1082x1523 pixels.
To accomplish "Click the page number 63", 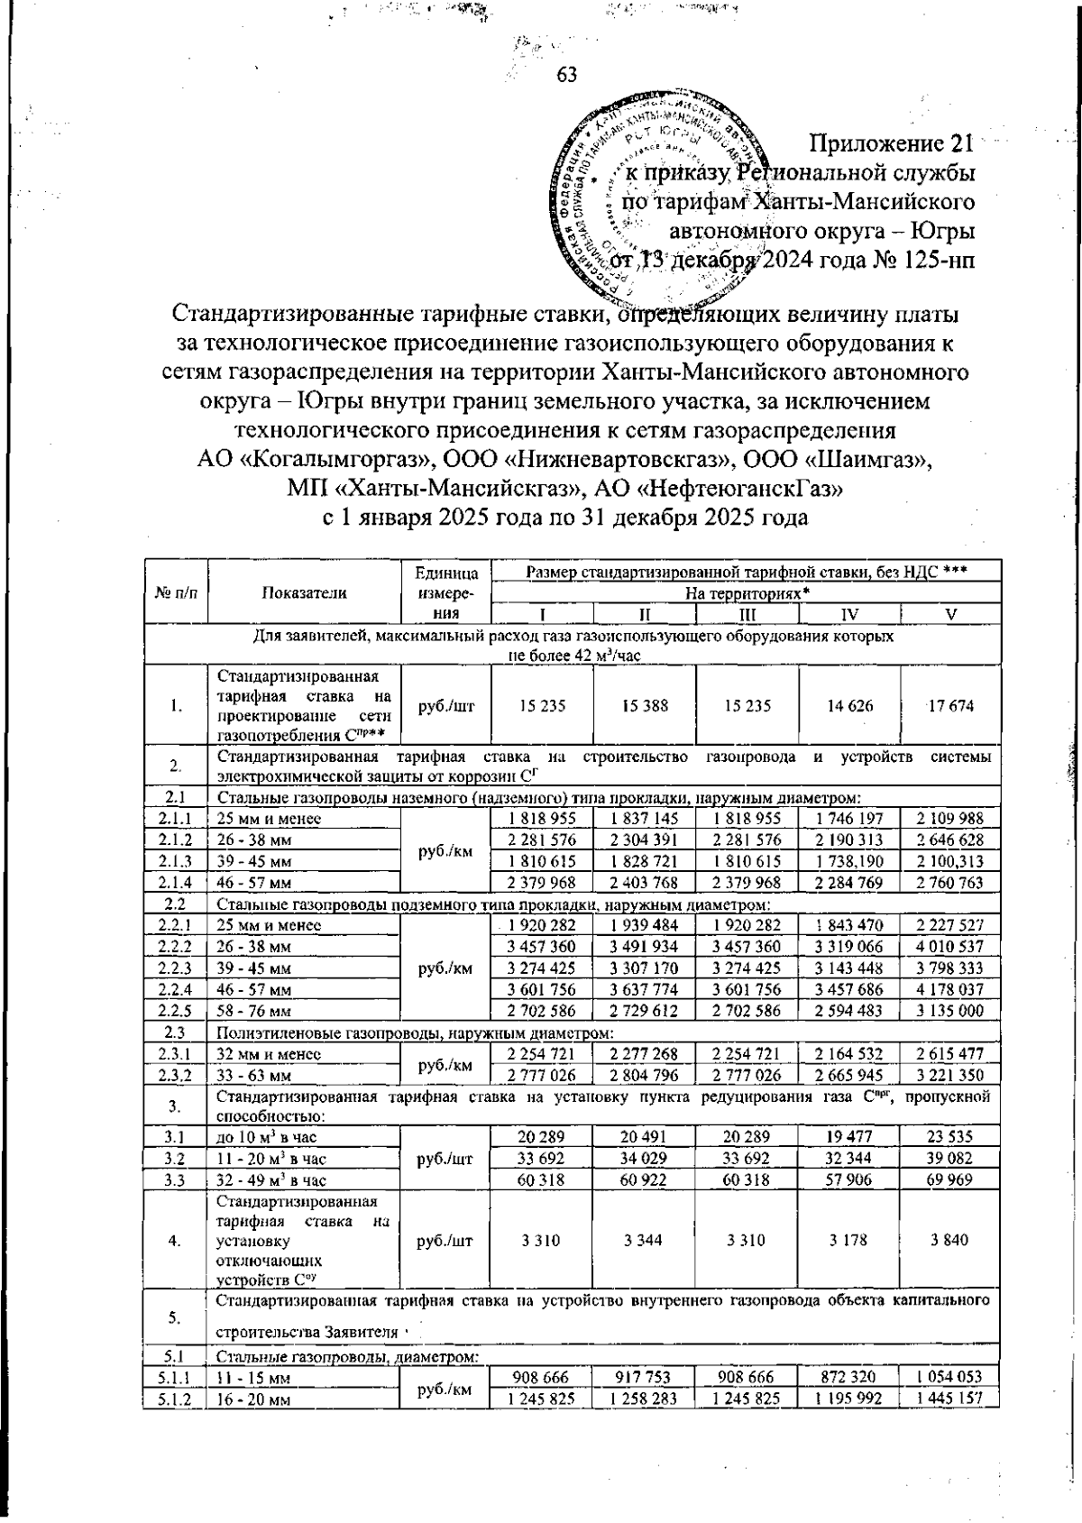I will [x=566, y=75].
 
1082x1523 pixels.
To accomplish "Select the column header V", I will [x=950, y=614].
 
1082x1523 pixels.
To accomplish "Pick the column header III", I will [x=747, y=614].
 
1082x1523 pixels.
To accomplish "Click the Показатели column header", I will [x=304, y=592].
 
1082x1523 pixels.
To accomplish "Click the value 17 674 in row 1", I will [x=950, y=706].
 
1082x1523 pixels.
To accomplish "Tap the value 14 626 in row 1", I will [x=848, y=706].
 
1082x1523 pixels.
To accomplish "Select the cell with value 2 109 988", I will [x=950, y=819].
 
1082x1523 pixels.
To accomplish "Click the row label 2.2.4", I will [x=175, y=989].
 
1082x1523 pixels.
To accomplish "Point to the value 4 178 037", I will [x=950, y=989].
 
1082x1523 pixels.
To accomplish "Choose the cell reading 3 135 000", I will [x=950, y=1011].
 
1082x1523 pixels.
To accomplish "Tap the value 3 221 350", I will [x=950, y=1075].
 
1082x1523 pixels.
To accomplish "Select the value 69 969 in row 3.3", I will [x=950, y=1179].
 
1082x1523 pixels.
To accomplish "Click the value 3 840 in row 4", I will [x=950, y=1240].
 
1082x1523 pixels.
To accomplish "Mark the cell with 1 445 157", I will [x=950, y=1398].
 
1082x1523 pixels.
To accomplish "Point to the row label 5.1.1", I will [x=175, y=1377].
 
